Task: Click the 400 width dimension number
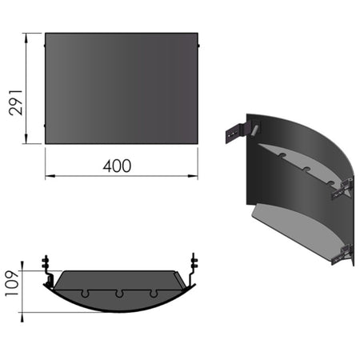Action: pos(118,166)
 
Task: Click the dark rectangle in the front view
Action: pos(120,88)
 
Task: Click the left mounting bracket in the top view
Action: pos(47,270)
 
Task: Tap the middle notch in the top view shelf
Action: pos(119,294)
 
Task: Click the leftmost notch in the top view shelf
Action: pos(84,291)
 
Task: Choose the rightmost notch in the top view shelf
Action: pos(154,291)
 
